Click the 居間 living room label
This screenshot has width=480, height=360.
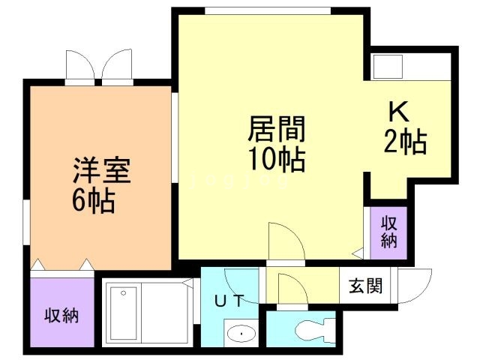click(277, 129)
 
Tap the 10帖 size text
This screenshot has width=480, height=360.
click(277, 159)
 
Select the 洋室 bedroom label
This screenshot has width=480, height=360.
click(102, 170)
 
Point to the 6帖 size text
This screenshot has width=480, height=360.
click(94, 201)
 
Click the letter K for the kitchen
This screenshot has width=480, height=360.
click(398, 112)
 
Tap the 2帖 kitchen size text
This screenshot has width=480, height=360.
click(405, 142)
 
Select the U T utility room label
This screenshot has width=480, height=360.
click(229, 300)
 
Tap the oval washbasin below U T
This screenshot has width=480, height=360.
click(241, 333)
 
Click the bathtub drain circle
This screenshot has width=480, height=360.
click(123, 293)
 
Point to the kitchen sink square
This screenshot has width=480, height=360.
click(387, 67)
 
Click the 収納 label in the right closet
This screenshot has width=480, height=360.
click(388, 232)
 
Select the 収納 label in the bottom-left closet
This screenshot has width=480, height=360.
click(61, 315)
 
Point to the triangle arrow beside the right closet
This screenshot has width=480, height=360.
click(358, 253)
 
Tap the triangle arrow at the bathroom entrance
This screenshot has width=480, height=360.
click(187, 283)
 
